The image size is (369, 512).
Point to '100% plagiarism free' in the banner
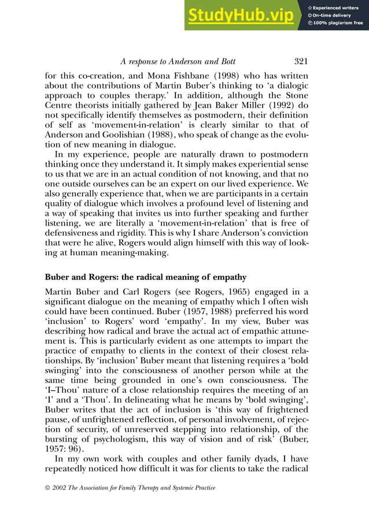338,23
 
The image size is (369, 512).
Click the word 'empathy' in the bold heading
226,277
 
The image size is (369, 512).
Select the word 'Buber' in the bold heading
58,277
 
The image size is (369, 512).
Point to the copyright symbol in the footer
49,488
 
